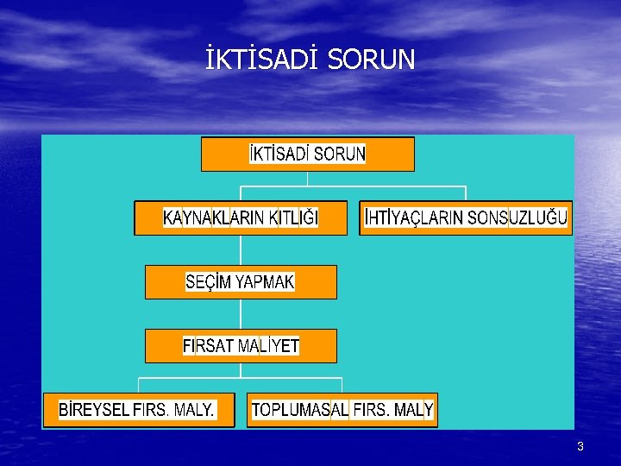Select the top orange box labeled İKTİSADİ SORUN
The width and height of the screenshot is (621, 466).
308,154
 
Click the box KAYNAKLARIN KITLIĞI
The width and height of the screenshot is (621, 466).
241,218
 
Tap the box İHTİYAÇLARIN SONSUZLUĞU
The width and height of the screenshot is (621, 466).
466,218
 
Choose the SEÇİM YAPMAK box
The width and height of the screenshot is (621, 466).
241,282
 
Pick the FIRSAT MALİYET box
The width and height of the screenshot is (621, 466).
241,346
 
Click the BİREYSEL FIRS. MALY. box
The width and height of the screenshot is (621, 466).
138,410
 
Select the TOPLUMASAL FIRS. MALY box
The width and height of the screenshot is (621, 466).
342,410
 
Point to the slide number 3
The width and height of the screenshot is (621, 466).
580,446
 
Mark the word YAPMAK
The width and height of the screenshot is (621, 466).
265,282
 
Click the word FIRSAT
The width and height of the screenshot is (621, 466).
209,346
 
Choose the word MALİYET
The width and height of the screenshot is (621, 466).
269,346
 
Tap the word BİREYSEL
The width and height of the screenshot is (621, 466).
94,410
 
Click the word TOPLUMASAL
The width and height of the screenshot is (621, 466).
300,410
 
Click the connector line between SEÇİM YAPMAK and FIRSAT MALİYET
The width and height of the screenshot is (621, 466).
241,314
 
